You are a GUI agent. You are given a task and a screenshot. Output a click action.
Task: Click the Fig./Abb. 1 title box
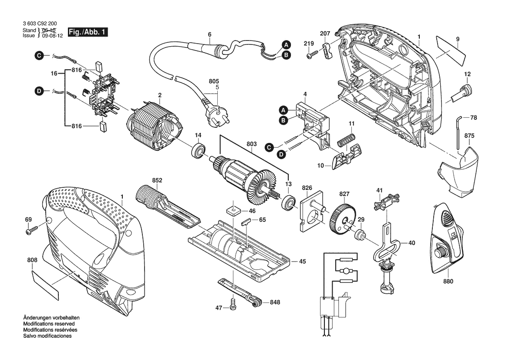tap(88, 33)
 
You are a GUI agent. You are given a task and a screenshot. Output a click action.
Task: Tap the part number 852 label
tap(157, 180)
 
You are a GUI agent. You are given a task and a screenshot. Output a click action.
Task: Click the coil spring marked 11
tap(346, 139)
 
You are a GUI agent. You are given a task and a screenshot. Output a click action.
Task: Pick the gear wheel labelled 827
tap(342, 214)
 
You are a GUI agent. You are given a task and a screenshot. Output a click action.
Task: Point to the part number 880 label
tap(448, 281)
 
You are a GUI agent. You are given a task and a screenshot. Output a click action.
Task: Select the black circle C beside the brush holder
tap(40, 55)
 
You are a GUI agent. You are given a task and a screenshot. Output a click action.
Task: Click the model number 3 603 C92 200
tap(39, 24)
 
